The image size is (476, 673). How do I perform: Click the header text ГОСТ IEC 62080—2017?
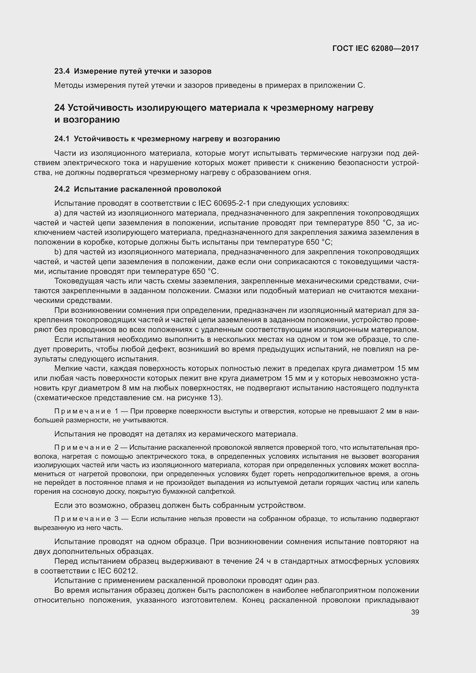pyautogui.click(x=376, y=48)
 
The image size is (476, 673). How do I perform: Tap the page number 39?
pyautogui.click(x=415, y=612)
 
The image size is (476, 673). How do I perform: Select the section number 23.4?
pyautogui.click(x=62, y=71)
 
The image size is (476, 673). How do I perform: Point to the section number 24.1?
pyautogui.click(x=62, y=139)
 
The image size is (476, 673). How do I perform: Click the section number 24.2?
pyautogui.click(x=62, y=189)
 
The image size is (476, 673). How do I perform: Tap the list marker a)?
pyautogui.click(x=58, y=213)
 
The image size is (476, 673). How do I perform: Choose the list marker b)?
pyautogui.click(x=58, y=252)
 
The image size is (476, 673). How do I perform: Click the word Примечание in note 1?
pyautogui.click(x=83, y=411)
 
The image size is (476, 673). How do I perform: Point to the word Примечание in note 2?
pyautogui.click(x=83, y=447)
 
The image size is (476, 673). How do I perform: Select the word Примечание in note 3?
pyautogui.click(x=83, y=519)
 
